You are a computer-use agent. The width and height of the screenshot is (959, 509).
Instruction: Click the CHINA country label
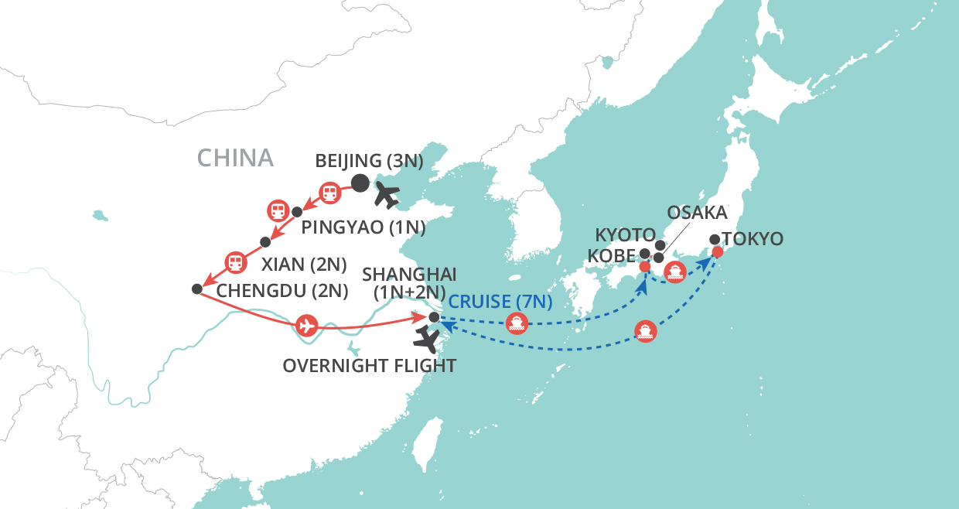(x=235, y=158)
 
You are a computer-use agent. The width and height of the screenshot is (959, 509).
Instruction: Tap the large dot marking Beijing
(x=360, y=183)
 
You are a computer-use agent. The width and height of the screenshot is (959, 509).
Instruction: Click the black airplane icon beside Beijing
(x=387, y=196)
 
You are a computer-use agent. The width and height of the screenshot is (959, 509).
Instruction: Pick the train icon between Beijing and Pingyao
(x=330, y=192)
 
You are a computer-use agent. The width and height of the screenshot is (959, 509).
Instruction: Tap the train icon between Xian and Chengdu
(x=235, y=261)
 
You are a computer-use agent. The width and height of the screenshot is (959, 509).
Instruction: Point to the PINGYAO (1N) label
(x=363, y=227)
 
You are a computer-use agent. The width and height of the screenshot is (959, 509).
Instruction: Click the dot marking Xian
(x=265, y=241)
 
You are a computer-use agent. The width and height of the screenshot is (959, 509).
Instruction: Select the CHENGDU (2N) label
(x=282, y=291)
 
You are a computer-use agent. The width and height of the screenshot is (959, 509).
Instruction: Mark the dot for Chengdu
(x=196, y=289)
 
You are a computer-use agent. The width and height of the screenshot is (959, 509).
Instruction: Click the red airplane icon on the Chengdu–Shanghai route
(x=307, y=325)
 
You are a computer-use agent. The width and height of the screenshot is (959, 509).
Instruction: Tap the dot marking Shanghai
(x=434, y=317)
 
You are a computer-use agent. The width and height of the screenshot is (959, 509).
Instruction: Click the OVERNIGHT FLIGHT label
(x=370, y=365)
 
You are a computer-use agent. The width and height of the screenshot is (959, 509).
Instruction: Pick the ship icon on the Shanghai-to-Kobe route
(x=517, y=323)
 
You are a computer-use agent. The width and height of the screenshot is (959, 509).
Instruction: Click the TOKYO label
(x=753, y=239)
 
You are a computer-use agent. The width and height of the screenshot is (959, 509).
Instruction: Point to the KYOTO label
(x=625, y=234)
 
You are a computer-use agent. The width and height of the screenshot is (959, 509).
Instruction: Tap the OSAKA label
(x=697, y=212)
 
